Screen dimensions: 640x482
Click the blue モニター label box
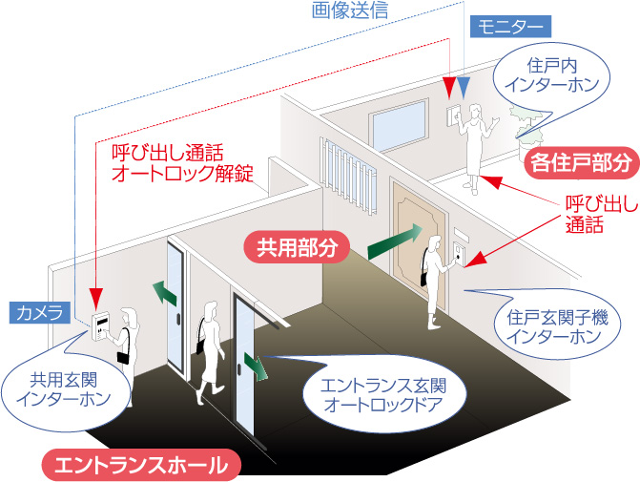(510, 27)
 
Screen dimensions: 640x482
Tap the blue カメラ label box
(40, 313)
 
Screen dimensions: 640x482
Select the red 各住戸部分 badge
(582, 163)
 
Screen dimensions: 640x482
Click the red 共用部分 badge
(298, 247)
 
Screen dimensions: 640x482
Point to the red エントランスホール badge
(141, 465)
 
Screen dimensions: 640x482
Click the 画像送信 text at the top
(350, 10)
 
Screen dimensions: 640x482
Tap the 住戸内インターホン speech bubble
(551, 77)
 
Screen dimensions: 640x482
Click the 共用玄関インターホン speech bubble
(65, 390)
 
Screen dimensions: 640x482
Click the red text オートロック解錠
(182, 174)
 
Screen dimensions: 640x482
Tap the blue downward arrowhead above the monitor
(464, 87)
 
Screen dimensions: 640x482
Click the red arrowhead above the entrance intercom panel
(96, 298)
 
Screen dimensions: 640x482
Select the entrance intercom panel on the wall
(100, 326)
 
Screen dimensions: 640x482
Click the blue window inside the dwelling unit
(399, 125)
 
